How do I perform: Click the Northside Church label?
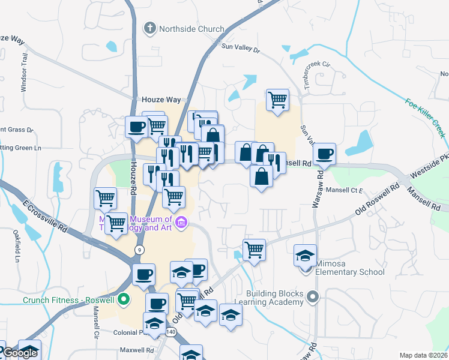click(x=191, y=29)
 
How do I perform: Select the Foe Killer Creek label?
click(x=426, y=118)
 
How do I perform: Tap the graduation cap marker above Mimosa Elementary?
click(x=306, y=256)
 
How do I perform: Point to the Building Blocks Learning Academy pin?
click(x=312, y=296)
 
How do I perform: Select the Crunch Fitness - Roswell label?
click(x=69, y=300)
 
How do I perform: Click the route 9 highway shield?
click(x=139, y=249)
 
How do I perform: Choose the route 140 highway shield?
click(x=171, y=332)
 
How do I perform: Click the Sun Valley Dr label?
click(x=241, y=48)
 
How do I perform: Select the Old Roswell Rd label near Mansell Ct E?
click(x=378, y=199)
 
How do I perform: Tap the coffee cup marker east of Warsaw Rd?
click(x=324, y=154)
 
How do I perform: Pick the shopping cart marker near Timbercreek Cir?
click(x=277, y=100)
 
